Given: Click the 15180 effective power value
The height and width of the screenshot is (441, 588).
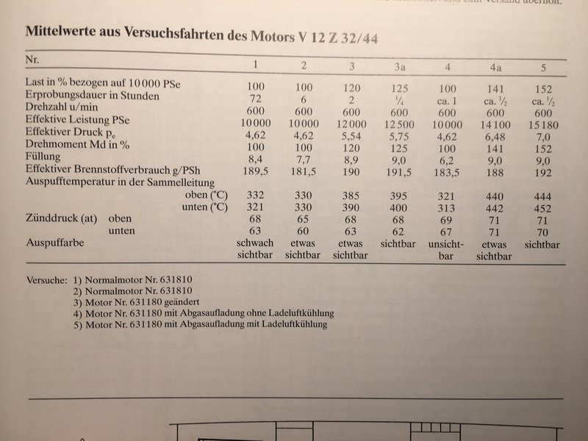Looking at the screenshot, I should coord(542,125).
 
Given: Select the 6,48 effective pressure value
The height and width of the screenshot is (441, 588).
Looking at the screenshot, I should coord(496,137).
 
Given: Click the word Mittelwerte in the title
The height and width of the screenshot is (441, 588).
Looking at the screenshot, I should coord(65,32).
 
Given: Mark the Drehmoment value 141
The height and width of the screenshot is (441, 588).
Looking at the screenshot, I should coord(496,148).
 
